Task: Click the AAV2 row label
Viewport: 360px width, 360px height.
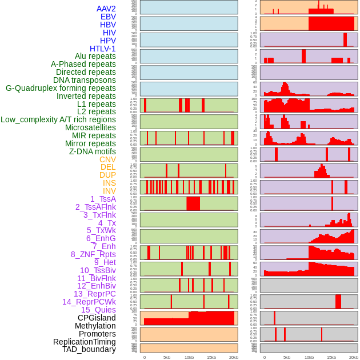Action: (x=106, y=9)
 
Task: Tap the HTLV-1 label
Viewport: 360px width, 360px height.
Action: (x=102, y=49)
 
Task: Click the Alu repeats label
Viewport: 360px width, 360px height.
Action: (x=95, y=56)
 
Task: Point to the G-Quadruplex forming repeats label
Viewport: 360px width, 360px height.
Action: (x=61, y=88)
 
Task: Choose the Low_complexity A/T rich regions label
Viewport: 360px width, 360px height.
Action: (x=58, y=119)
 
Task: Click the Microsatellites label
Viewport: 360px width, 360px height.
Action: (x=90, y=127)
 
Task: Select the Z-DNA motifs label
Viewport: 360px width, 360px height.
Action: (x=92, y=151)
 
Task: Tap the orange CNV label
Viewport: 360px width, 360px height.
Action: (x=107, y=159)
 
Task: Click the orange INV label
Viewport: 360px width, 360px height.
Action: (x=109, y=191)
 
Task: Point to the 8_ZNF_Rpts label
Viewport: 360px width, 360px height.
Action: (x=93, y=254)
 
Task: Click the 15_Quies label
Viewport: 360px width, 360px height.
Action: (x=98, y=310)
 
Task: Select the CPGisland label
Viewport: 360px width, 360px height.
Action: (x=97, y=318)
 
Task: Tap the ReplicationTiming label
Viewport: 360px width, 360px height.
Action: (x=84, y=342)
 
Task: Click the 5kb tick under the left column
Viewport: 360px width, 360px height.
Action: (x=167, y=357)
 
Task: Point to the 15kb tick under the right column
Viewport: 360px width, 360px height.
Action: (x=331, y=357)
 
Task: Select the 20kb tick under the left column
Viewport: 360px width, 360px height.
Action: (x=233, y=357)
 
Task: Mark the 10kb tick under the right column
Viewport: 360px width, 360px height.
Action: (x=309, y=357)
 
